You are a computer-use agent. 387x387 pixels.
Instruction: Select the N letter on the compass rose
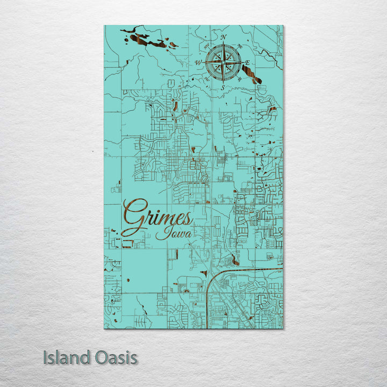tap(223, 37)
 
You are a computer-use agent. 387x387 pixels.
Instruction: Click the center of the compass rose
tap(223, 62)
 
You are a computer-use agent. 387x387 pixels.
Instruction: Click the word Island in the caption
tap(66, 357)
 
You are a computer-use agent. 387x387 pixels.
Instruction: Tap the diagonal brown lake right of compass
tap(253, 74)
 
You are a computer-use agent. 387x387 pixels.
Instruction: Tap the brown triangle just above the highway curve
tap(204, 273)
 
